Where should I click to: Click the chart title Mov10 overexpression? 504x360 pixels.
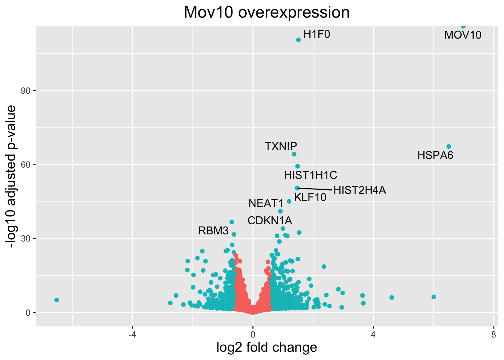click(x=267, y=12)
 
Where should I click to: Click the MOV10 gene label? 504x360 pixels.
click(x=463, y=35)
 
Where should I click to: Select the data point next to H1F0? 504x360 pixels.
click(x=298, y=40)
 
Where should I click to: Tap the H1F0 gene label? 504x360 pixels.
click(x=316, y=34)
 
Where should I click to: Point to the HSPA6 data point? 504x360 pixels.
click(x=448, y=147)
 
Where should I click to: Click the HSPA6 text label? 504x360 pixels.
click(x=435, y=155)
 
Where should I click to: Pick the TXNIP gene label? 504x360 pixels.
click(x=281, y=146)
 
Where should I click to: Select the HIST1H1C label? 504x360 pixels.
click(x=310, y=175)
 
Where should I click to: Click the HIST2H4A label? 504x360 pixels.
click(x=360, y=190)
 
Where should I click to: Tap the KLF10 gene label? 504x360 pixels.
click(x=310, y=197)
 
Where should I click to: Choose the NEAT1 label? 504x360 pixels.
click(x=266, y=204)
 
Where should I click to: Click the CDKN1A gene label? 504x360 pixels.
click(x=270, y=220)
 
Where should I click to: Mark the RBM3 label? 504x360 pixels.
click(x=213, y=231)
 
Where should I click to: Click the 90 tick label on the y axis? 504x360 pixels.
click(x=28, y=91)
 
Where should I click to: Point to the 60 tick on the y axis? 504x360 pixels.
click(x=28, y=165)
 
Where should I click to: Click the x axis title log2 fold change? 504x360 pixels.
click(x=267, y=347)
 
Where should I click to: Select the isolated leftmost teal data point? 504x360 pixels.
click(x=57, y=300)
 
